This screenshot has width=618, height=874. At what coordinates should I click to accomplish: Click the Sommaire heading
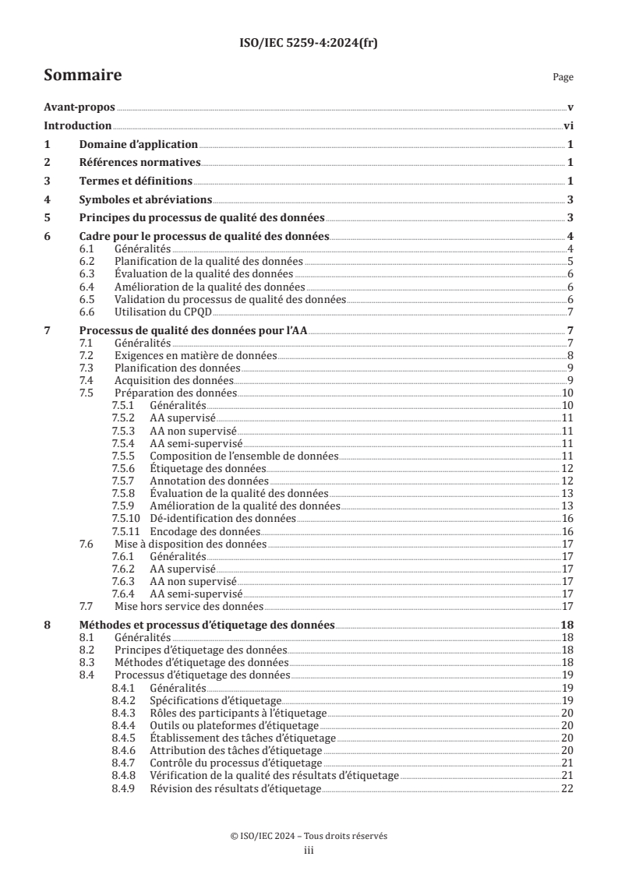tap(82, 76)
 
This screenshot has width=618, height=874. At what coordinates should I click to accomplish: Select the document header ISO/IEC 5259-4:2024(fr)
tap(309, 44)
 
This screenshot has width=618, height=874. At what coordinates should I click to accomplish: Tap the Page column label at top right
tap(563, 77)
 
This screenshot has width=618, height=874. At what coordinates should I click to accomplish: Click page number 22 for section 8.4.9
tap(567, 788)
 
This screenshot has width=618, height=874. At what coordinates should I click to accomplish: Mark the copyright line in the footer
tap(309, 836)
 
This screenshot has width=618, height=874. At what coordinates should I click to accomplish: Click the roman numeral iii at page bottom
tap(309, 849)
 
